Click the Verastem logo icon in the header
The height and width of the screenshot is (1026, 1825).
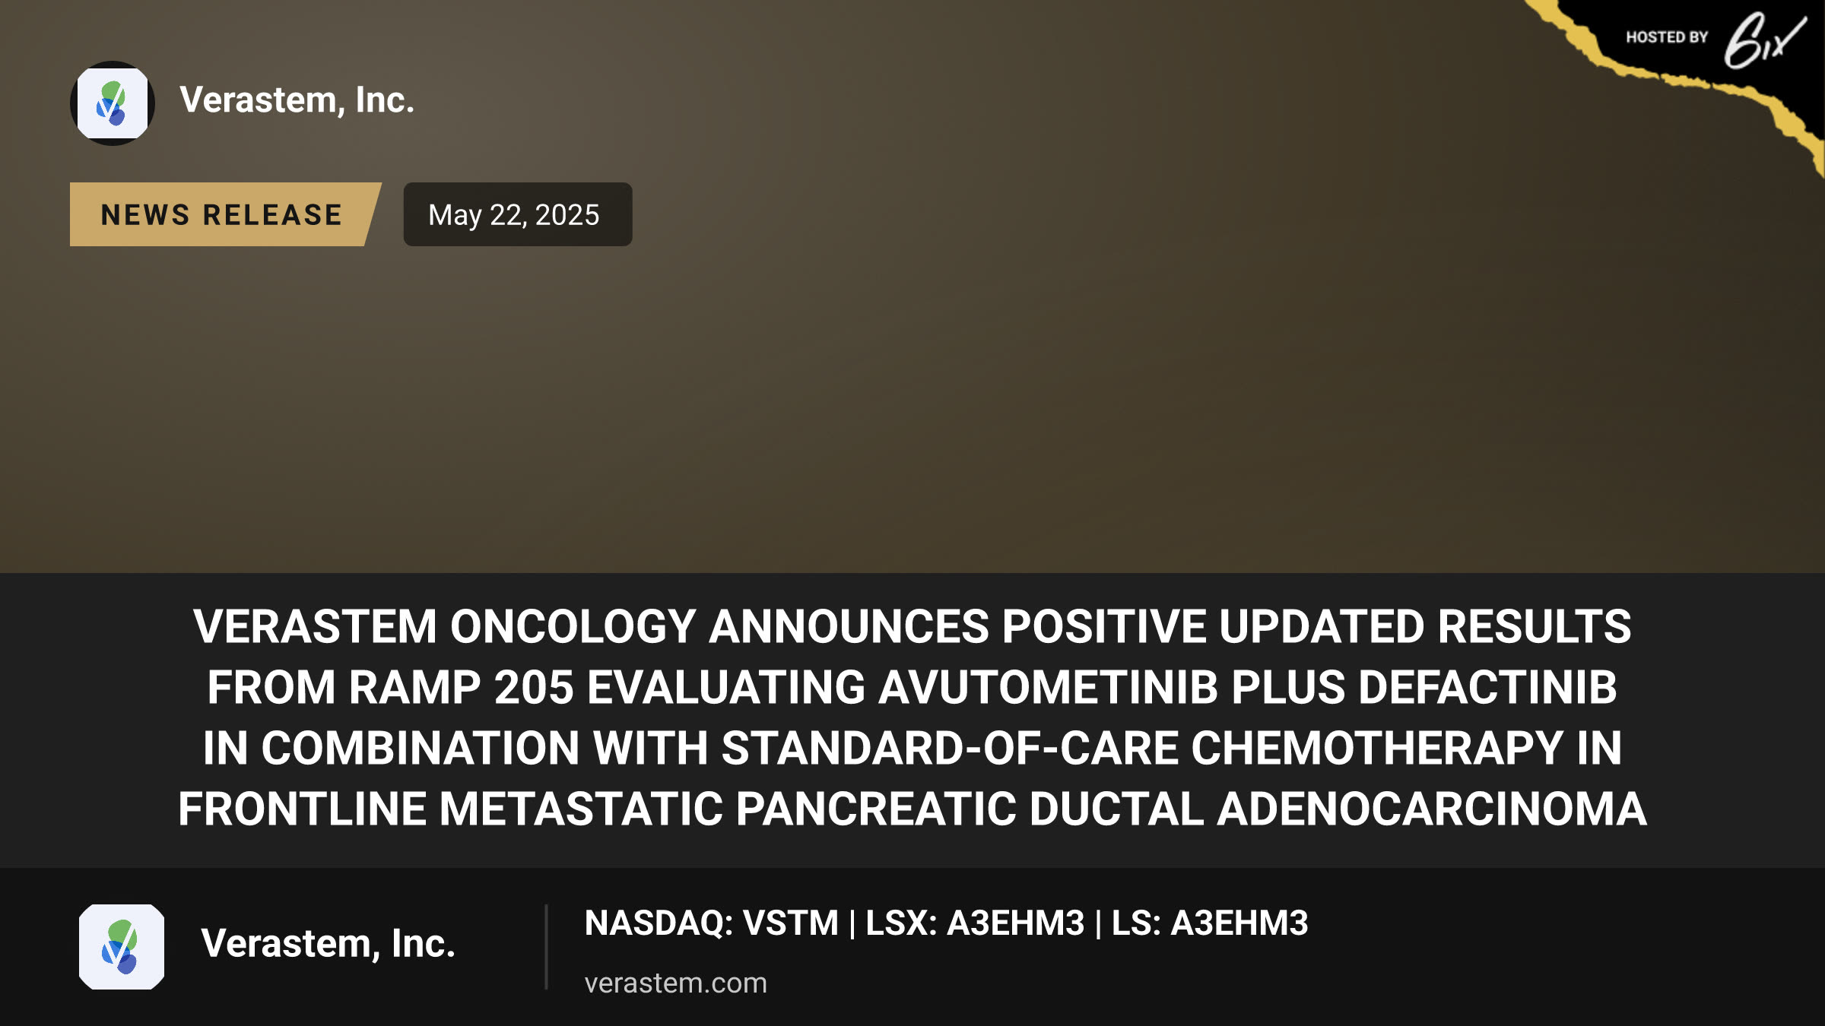pyautogui.click(x=113, y=103)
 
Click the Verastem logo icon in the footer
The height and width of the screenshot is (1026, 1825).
pyautogui.click(x=122, y=946)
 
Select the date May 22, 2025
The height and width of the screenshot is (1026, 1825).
pyautogui.click(x=514, y=214)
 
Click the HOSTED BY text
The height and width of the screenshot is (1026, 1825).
pyautogui.click(x=1667, y=37)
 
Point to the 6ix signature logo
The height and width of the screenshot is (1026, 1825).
pyautogui.click(x=1764, y=41)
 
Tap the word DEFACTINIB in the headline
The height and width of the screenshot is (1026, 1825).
pyautogui.click(x=1487, y=687)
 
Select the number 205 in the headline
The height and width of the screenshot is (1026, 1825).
pyautogui.click(x=534, y=687)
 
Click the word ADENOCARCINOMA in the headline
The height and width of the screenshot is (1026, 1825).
pyautogui.click(x=1432, y=809)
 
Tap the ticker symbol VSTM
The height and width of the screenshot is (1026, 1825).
pyautogui.click(x=790, y=923)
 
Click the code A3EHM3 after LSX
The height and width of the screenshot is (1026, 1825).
pyautogui.click(x=1016, y=923)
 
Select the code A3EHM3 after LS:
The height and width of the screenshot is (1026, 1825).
pyautogui.click(x=1239, y=923)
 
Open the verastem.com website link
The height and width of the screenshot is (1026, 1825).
pyautogui.click(x=675, y=983)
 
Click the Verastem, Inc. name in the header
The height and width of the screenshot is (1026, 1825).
pyautogui.click(x=297, y=100)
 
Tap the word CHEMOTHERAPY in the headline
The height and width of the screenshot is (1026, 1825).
pyautogui.click(x=1376, y=748)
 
